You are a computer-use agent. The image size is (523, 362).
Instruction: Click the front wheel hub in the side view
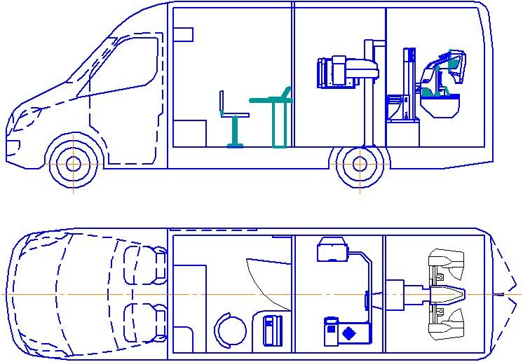(x=74, y=164)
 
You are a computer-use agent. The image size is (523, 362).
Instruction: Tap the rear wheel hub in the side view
(x=360, y=164)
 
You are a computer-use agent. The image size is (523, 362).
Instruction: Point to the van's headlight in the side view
(x=13, y=147)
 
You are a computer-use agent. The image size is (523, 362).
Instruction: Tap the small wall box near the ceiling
(x=183, y=34)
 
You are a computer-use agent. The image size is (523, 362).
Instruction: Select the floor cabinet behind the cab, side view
(x=189, y=133)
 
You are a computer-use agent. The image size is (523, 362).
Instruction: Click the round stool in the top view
(x=229, y=328)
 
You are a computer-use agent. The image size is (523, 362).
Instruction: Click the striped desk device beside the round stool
(x=272, y=330)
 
